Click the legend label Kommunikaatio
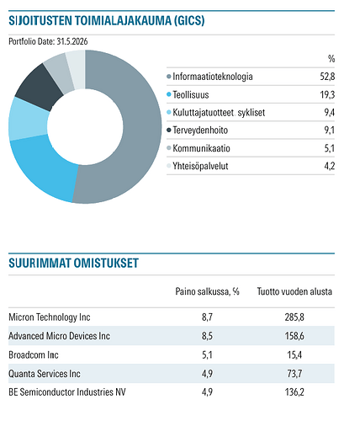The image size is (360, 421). [x=201, y=148]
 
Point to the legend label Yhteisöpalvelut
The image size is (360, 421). [x=200, y=166]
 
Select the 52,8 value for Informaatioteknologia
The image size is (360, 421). [x=327, y=77]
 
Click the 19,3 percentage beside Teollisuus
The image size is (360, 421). [x=327, y=94]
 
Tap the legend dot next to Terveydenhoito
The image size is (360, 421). [x=169, y=130]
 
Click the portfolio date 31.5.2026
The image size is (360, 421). [x=72, y=41]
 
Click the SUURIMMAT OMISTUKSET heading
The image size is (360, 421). [x=73, y=263]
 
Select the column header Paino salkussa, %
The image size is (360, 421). [x=207, y=291]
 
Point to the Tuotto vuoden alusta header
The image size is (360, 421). [x=294, y=291]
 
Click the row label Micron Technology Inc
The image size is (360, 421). [x=50, y=317]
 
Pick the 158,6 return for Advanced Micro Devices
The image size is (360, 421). [x=294, y=336]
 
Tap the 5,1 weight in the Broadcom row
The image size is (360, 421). [x=207, y=354]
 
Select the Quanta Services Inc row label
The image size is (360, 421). [x=45, y=374]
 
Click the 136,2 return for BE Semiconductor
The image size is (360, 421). [x=294, y=392]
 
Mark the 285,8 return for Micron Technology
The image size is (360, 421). [x=294, y=317]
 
